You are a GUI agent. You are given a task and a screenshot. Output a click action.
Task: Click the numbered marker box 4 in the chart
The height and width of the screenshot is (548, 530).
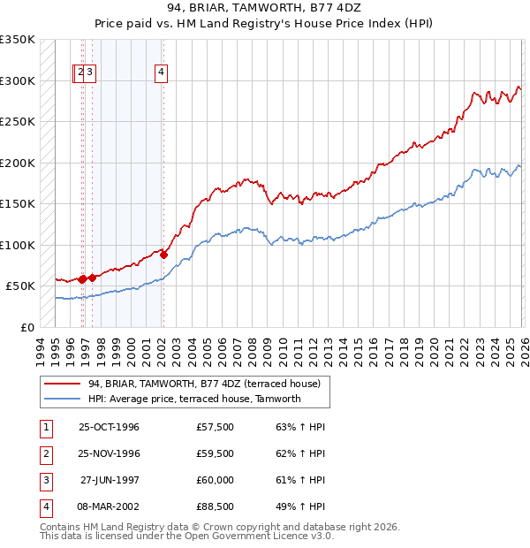163,74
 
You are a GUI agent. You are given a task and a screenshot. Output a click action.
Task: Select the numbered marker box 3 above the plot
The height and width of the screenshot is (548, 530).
91,74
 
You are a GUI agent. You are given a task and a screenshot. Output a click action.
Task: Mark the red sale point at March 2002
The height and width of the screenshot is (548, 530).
163,255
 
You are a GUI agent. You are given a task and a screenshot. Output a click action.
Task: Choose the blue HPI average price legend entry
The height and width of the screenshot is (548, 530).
194,399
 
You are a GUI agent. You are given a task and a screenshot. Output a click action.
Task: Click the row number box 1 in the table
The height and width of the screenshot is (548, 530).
44,428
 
